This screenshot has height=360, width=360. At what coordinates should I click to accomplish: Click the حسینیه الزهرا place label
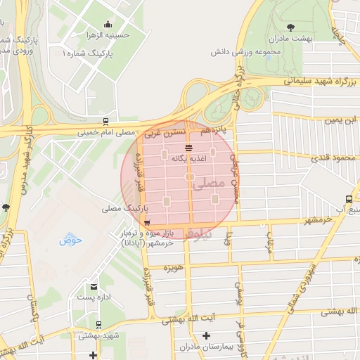[107, 34]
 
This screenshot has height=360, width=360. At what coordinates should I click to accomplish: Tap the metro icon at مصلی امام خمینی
[105, 121]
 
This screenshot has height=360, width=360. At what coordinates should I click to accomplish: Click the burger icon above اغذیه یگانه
[188, 148]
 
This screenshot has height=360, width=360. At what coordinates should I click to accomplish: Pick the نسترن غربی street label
[165, 131]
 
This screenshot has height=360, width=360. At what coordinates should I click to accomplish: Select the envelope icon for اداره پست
[94, 286]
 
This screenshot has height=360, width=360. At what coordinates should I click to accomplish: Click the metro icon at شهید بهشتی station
[98, 325]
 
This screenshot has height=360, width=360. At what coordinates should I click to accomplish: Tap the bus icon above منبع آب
[349, 200]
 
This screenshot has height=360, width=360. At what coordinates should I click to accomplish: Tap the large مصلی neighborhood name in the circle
[212, 184]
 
